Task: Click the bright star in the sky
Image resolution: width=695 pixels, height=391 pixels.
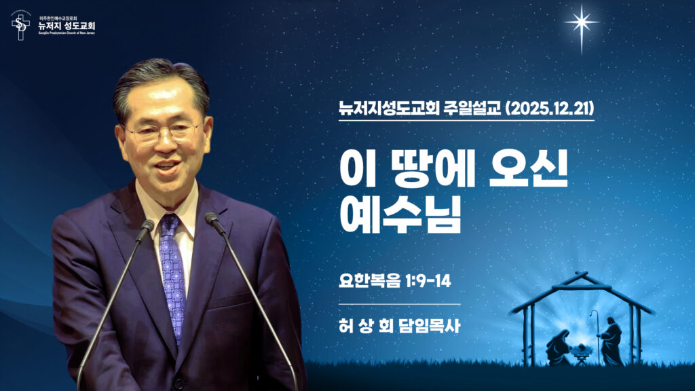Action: pos(582,22)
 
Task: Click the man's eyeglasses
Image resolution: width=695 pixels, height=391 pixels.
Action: pos(164,132)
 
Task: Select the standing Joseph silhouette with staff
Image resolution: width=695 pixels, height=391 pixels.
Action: pos(610,341)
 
